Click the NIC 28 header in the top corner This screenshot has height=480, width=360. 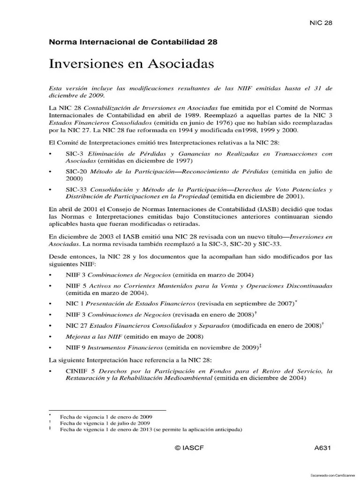pyautogui.click(x=321, y=22)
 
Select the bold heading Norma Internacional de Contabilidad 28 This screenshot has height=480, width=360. pyautogui.click(x=133, y=42)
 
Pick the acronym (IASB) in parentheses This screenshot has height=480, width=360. pyautogui.click(x=246, y=209)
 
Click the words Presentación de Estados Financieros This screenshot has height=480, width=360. pyautogui.click(x=141, y=303)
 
